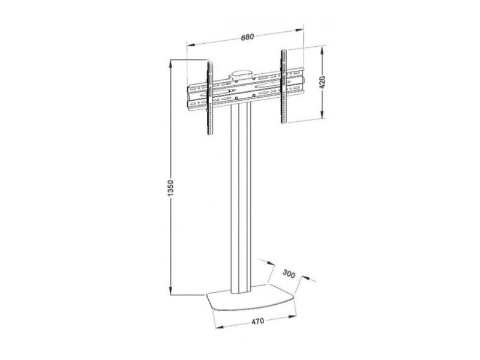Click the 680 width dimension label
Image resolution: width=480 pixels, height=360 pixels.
tap(247, 37)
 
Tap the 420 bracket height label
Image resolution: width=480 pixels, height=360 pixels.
tap(322, 82)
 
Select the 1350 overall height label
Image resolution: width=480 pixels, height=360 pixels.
tap(170, 188)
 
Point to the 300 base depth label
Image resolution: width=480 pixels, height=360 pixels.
tap(289, 274)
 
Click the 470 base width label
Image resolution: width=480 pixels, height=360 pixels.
tap(258, 322)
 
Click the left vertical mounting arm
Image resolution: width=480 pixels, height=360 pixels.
tap(211, 98)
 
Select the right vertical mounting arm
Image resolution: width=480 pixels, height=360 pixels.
tap(284, 86)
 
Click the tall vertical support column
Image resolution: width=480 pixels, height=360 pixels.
tap(241, 199)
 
